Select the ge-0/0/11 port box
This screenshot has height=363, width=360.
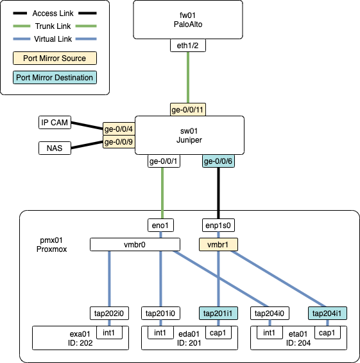coord(188,109)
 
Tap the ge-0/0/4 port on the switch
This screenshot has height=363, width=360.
coord(118,129)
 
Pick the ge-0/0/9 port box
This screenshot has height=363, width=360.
coord(118,142)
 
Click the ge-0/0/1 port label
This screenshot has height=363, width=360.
coord(163,161)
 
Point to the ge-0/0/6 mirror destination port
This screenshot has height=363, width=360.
coord(218,161)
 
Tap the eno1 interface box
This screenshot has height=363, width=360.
coord(163,226)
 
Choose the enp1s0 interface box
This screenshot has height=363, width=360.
coord(219,226)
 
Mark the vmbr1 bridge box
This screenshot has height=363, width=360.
coord(219,244)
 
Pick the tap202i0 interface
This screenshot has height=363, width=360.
coord(108,314)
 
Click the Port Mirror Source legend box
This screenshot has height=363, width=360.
coord(55,58)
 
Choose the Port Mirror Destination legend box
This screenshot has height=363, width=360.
coord(55,78)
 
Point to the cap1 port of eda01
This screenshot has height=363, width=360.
coord(218,333)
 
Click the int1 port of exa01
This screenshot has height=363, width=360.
coord(108,333)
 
